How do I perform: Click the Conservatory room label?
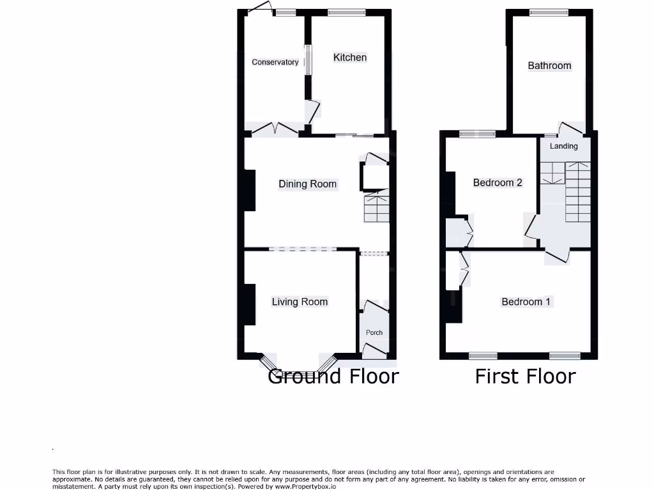275,62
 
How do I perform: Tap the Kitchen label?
350,57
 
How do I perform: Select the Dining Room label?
307,184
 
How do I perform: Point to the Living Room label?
300,302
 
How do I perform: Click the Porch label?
374,332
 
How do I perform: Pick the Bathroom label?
549,65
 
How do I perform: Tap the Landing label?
564,146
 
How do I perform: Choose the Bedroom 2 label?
498,182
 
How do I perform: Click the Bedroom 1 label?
526,302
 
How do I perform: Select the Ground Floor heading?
333,376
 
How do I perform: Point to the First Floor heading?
525,376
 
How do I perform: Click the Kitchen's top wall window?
347,12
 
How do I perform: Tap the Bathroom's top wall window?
549,12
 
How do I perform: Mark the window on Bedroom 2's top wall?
477,134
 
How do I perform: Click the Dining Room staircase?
376,206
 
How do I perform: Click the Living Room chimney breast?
249,305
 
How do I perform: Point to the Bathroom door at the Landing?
570,129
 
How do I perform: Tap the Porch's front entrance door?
375,348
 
